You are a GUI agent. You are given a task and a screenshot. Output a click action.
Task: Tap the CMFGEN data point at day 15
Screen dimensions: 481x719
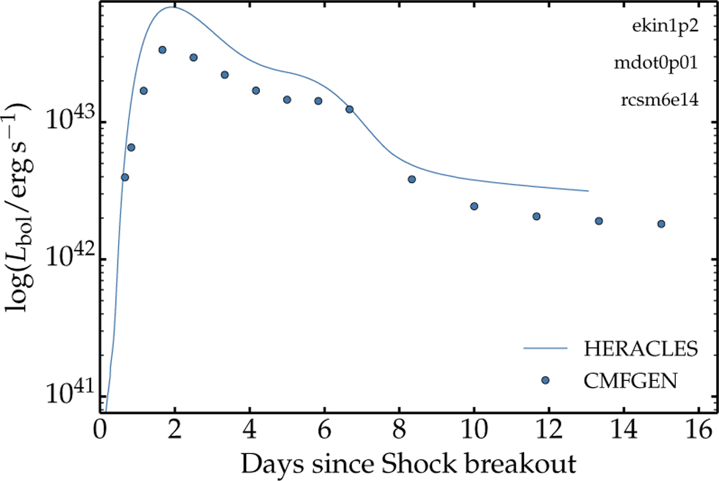(661, 224)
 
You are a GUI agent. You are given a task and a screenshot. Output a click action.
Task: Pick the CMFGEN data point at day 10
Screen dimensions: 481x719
(474, 206)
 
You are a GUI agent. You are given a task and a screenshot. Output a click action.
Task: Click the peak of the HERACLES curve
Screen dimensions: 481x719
(174, 7)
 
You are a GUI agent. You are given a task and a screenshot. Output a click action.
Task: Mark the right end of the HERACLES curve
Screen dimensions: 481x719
(588, 191)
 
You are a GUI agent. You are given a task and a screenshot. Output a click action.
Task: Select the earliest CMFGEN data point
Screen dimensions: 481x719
(125, 177)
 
